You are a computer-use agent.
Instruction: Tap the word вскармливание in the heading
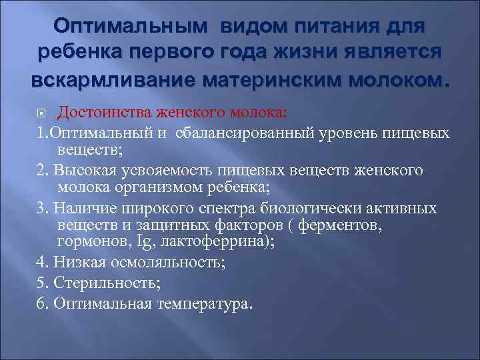[110, 81]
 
